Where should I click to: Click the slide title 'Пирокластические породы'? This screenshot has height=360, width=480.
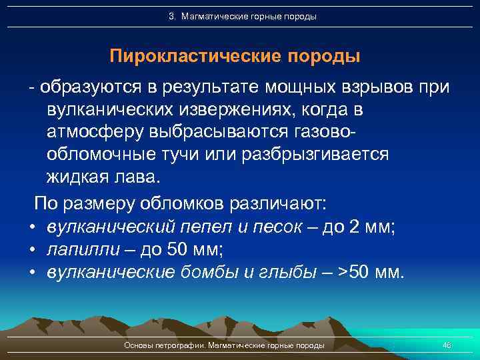(x=235, y=56)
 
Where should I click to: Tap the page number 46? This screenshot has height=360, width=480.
(x=447, y=345)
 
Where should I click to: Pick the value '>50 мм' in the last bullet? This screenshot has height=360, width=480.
(x=376, y=273)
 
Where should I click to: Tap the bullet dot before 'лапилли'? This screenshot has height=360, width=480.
(x=33, y=250)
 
